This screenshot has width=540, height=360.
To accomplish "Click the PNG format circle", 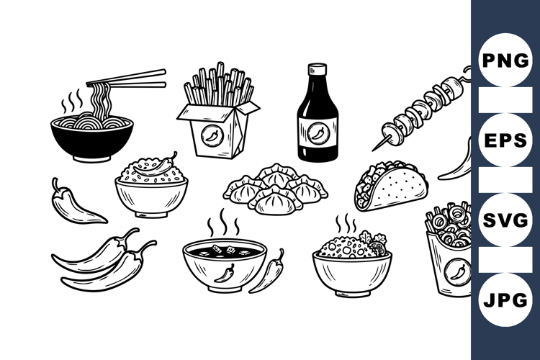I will (505, 60).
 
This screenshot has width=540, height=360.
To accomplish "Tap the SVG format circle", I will (505, 220).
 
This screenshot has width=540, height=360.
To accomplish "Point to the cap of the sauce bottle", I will (318, 71).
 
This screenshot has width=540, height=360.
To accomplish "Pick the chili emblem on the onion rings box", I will (454, 271).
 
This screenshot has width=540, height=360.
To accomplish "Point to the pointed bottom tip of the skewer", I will (375, 148).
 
